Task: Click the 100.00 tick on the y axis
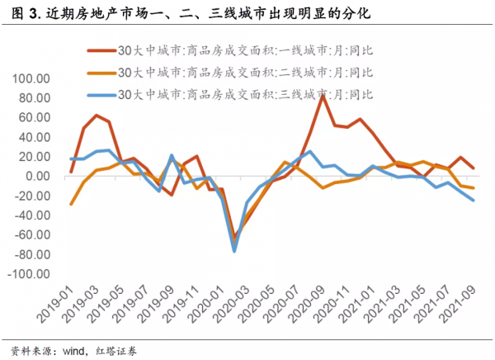[x=32, y=79]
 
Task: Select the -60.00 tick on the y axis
[x=32, y=235]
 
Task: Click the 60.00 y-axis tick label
[x=35, y=118]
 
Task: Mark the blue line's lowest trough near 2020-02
[x=234, y=250]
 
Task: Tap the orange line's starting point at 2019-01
[x=71, y=204]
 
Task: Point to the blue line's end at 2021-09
[x=473, y=201]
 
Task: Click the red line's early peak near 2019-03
[x=97, y=116]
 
